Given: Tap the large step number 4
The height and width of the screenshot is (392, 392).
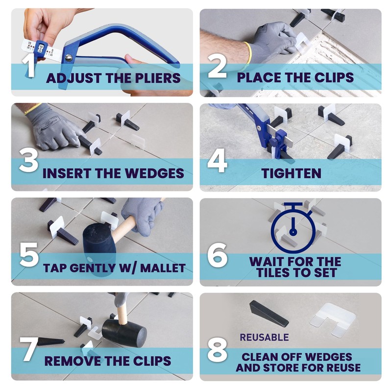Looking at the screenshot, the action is [x=217, y=161].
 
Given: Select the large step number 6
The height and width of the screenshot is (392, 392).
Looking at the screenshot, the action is [x=217, y=255].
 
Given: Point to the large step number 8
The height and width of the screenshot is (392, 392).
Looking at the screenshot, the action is [x=217, y=349].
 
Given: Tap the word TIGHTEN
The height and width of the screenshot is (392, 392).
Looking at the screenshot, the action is [x=291, y=173].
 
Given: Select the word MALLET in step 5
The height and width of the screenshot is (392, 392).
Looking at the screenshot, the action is [x=163, y=268].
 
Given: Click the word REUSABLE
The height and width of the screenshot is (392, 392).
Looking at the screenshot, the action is [x=264, y=337].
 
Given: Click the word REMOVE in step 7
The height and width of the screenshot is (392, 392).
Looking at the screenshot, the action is [x=73, y=361].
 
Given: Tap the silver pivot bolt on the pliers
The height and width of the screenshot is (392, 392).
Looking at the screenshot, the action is [x=69, y=58].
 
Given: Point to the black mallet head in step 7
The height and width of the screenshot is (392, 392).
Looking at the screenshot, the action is [x=124, y=333].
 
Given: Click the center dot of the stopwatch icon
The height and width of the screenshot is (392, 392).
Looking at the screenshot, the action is [x=293, y=232].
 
